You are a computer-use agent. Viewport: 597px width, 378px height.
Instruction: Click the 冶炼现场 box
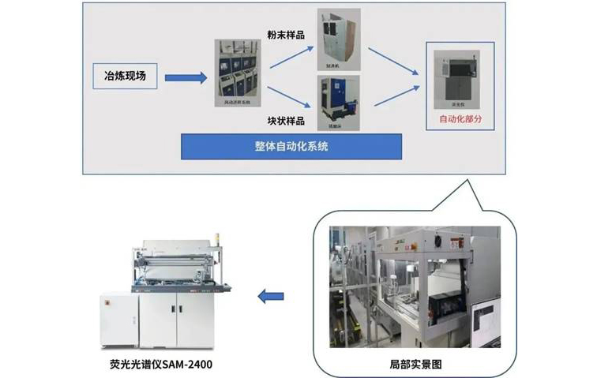click(124, 77)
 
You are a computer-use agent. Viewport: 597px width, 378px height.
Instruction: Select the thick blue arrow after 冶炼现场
click(186, 78)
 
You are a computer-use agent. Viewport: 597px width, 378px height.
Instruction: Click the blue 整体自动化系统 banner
click(291, 146)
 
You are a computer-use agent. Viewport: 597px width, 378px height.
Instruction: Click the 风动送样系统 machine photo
click(239, 74)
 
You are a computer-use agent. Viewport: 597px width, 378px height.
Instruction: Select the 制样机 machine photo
click(338, 37)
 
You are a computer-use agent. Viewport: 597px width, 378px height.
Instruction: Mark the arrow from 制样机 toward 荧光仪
click(392, 60)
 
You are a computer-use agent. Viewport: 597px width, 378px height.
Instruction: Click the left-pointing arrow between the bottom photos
click(270, 297)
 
